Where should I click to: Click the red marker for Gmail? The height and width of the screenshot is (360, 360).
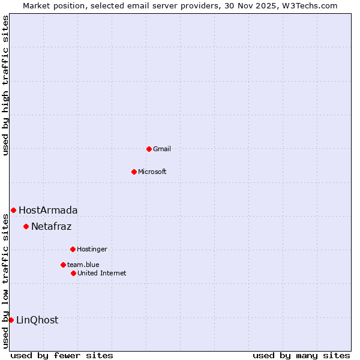tap(149, 149)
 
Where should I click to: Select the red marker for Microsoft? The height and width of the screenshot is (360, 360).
tap(134, 172)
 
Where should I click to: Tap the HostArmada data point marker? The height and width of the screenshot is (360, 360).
tap(13, 210)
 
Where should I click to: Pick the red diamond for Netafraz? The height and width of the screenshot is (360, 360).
tap(26, 226)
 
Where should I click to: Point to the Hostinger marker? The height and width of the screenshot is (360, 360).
tap(73, 249)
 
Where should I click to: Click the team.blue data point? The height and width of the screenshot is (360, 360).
tap(63, 265)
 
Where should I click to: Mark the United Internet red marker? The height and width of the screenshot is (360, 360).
tap(73, 273)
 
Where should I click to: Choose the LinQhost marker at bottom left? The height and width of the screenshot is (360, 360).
tap(11, 320)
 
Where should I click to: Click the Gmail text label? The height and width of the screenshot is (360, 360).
tap(162, 149)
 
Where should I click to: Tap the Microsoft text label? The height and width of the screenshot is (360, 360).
tap(152, 172)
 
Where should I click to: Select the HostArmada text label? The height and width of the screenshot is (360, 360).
tap(48, 210)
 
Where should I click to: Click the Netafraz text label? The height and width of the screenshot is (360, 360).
tap(51, 226)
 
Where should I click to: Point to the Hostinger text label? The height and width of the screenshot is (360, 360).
tap(92, 249)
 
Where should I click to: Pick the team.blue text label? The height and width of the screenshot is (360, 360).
tap(83, 265)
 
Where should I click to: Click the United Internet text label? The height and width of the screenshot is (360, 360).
tap(102, 273)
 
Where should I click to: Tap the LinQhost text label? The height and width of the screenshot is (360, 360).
tap(37, 320)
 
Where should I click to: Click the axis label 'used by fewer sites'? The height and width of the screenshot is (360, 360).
tap(62, 355)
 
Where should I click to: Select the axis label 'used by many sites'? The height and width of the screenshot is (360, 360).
tap(301, 355)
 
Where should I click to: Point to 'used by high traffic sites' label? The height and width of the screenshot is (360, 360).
tap(5, 85)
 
